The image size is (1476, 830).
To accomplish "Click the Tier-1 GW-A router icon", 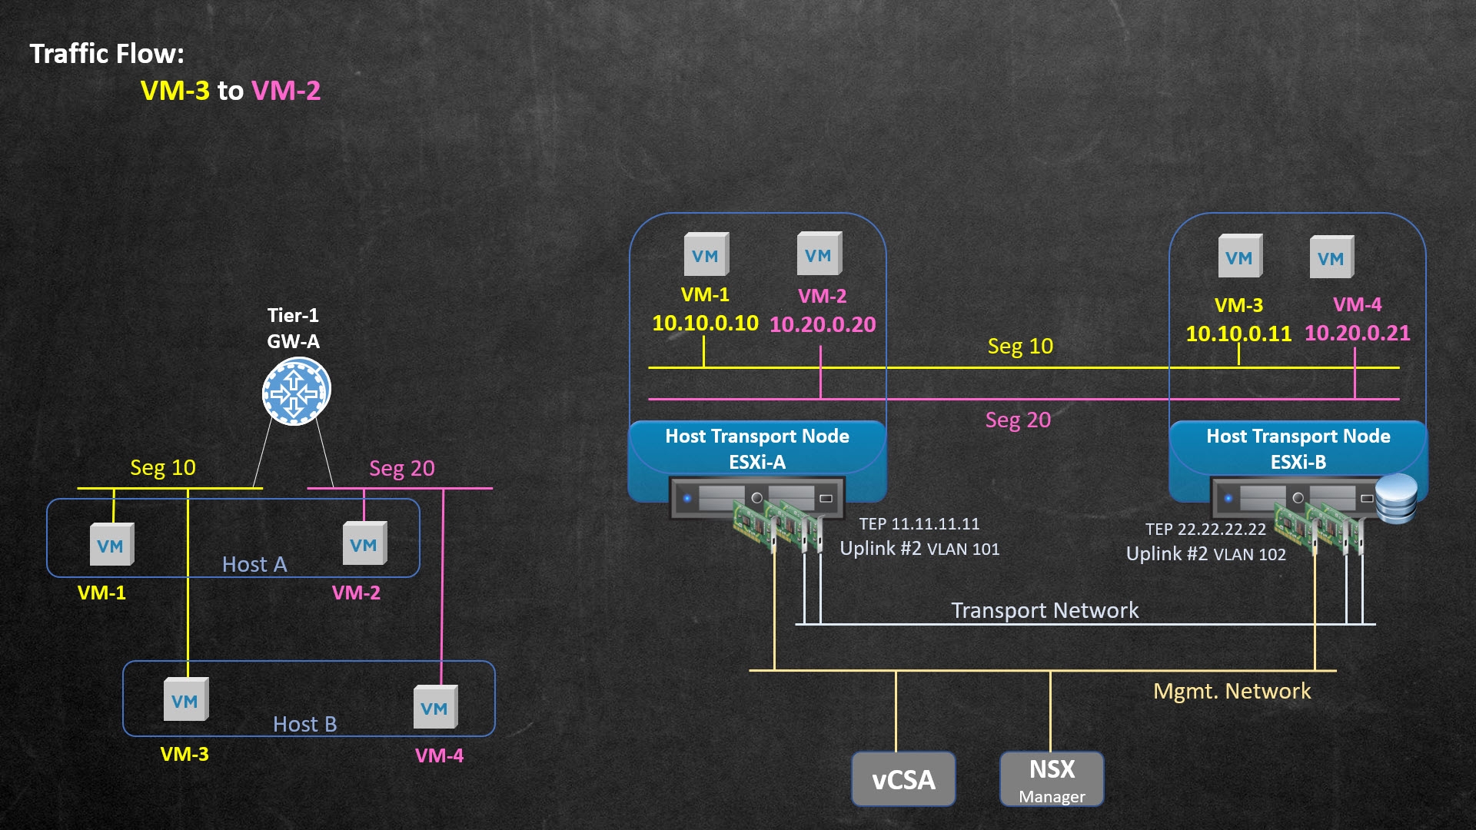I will click(x=296, y=391).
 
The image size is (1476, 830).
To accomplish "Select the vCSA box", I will click(x=903, y=779).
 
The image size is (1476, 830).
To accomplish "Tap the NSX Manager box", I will click(x=1052, y=779).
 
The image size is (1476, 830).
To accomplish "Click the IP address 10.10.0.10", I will click(x=705, y=324).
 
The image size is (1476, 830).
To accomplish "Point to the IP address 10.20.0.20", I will click(x=823, y=325).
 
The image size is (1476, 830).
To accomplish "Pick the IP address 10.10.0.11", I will click(x=1238, y=334).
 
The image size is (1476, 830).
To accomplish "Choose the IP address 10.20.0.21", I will click(x=1357, y=334).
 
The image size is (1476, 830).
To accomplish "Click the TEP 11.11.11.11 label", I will click(x=919, y=524).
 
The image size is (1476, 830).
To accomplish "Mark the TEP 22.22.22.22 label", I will click(x=1205, y=530).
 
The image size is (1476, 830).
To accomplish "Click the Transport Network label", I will click(x=1045, y=610).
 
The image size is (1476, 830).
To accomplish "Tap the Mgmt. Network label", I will click(x=1232, y=692).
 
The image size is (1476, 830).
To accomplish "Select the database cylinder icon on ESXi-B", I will click(x=1396, y=499).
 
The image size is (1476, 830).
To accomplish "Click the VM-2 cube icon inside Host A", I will click(x=364, y=544).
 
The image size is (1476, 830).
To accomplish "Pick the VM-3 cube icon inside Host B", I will click(x=185, y=700).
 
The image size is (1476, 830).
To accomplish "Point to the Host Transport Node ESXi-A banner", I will click(x=757, y=449).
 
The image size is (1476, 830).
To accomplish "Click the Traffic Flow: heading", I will click(x=107, y=54).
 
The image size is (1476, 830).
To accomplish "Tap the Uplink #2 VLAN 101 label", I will click(x=919, y=549).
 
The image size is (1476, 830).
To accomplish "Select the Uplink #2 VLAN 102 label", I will click(x=1205, y=554).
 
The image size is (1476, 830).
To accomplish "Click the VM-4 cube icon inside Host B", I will click(x=435, y=707).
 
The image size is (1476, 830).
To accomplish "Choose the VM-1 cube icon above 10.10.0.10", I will click(x=706, y=255).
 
